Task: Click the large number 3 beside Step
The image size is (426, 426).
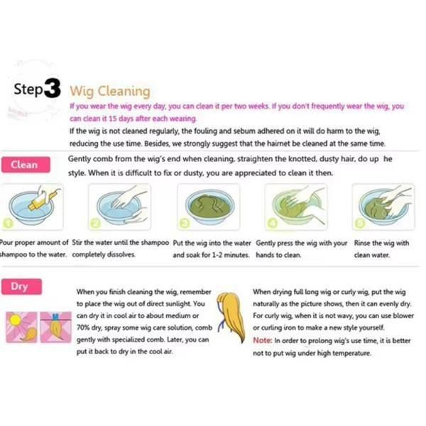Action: point(53,88)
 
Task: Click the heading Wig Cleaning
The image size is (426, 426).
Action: point(110,92)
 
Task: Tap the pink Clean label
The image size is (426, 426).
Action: point(26,165)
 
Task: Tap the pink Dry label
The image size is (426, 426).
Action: point(21,287)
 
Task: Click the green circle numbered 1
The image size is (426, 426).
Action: point(8,224)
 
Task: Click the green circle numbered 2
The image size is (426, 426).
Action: point(95,224)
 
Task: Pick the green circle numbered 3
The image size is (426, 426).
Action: point(184,224)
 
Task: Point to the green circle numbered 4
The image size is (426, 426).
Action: point(272,224)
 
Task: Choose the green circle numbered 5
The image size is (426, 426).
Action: point(360,224)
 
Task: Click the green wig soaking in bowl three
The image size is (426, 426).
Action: point(209,206)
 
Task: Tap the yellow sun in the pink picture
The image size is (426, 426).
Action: point(15,319)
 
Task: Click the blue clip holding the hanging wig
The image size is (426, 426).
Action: point(55,317)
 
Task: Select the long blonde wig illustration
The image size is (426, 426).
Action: point(231,317)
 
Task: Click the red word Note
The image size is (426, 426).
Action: point(262,340)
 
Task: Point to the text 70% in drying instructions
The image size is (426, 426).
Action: point(83,327)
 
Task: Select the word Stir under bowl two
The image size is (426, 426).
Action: point(77,242)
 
